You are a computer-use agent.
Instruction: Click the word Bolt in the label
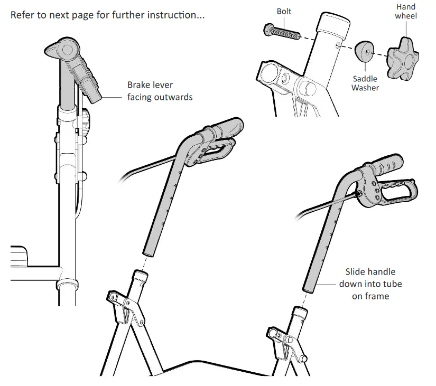click(284, 11)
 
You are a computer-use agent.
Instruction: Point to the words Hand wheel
click(406, 11)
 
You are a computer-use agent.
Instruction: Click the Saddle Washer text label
click(365, 83)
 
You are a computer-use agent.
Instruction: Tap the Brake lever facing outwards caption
click(160, 91)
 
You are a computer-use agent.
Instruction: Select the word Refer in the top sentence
click(23, 15)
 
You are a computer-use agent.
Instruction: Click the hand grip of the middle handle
click(227, 128)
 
